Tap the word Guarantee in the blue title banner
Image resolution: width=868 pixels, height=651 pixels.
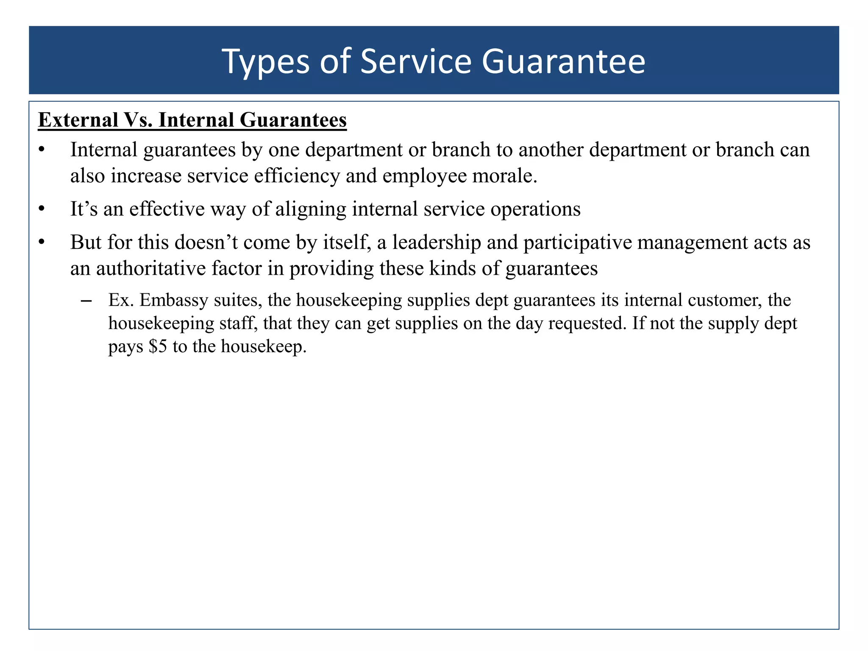tap(563, 62)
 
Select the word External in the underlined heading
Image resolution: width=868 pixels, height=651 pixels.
tap(78, 120)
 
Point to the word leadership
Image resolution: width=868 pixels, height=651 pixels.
tap(436, 242)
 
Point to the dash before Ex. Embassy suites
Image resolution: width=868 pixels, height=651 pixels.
tap(86, 301)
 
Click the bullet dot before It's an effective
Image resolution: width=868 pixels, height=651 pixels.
tap(41, 209)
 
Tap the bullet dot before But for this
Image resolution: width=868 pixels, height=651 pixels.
tap(41, 243)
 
